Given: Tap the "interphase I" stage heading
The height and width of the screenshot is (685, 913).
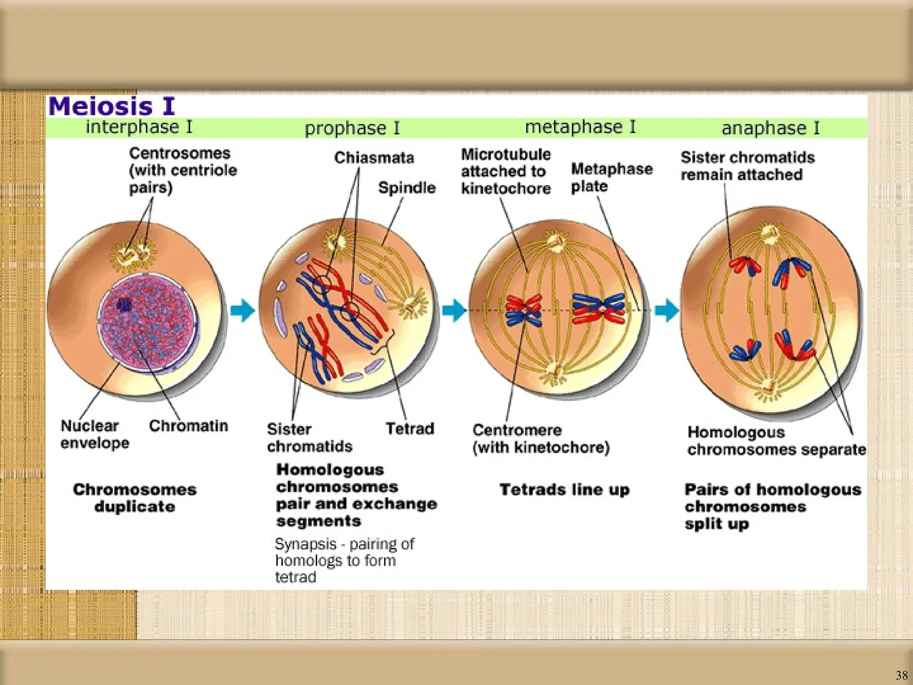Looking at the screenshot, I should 139,127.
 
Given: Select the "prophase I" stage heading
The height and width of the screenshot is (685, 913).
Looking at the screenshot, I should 352,128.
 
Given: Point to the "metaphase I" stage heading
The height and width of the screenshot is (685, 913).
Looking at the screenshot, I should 580,127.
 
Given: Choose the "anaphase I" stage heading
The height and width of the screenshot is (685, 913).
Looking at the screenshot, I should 770,128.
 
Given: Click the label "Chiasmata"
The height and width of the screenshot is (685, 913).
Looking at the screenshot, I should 374,158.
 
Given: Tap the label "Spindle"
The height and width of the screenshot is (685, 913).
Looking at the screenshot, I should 407,188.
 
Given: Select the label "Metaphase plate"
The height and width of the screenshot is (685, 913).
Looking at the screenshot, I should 611,177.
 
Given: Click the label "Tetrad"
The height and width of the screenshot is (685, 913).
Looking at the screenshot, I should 410,429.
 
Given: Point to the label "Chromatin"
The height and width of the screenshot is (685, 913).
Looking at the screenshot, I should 188,426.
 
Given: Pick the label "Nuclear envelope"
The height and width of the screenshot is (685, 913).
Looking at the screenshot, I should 95,434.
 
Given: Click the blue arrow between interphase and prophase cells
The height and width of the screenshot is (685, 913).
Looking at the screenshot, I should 243,310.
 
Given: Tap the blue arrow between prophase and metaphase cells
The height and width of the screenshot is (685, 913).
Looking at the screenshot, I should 454,310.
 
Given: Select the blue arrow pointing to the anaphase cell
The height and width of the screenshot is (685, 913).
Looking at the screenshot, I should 666,310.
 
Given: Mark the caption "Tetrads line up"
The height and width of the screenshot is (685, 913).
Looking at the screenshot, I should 564,490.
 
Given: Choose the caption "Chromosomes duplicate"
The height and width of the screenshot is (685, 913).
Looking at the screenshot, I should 135,498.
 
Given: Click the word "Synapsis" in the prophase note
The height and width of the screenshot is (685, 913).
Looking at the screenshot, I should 305,544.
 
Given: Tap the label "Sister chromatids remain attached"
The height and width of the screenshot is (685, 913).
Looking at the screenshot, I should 747,166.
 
